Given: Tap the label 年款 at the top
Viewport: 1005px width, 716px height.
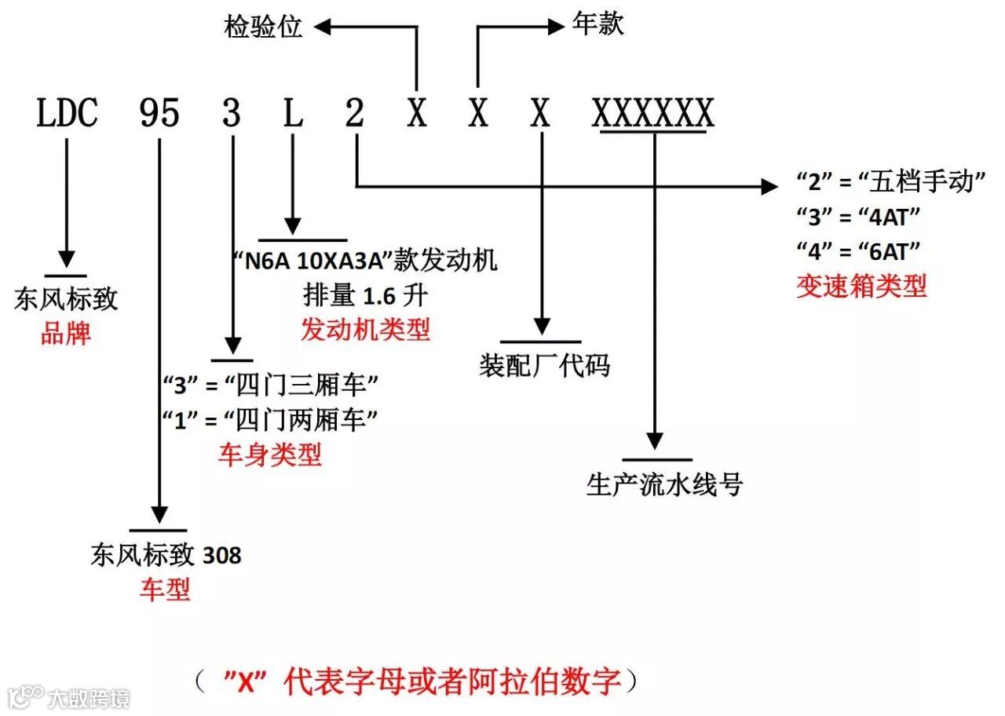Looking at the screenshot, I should pyautogui.click(x=598, y=25).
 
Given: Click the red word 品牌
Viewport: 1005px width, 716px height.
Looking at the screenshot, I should pyautogui.click(x=66, y=334).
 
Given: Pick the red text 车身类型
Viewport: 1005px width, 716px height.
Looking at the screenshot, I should pyautogui.click(x=270, y=455).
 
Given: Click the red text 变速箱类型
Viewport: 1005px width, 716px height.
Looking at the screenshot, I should pyautogui.click(x=861, y=286).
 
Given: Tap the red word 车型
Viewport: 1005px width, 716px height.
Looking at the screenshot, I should pyautogui.click(x=165, y=589).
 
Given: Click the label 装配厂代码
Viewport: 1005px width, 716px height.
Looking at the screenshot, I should pyautogui.click(x=544, y=366).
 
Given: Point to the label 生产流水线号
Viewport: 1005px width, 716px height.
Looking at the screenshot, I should pyautogui.click(x=664, y=484).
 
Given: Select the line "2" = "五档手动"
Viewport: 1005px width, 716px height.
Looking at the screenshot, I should pyautogui.click(x=890, y=183).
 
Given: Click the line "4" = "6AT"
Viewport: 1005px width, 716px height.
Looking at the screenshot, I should pyautogui.click(x=857, y=251).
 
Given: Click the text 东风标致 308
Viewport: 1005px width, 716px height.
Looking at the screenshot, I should pyautogui.click(x=166, y=556).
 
